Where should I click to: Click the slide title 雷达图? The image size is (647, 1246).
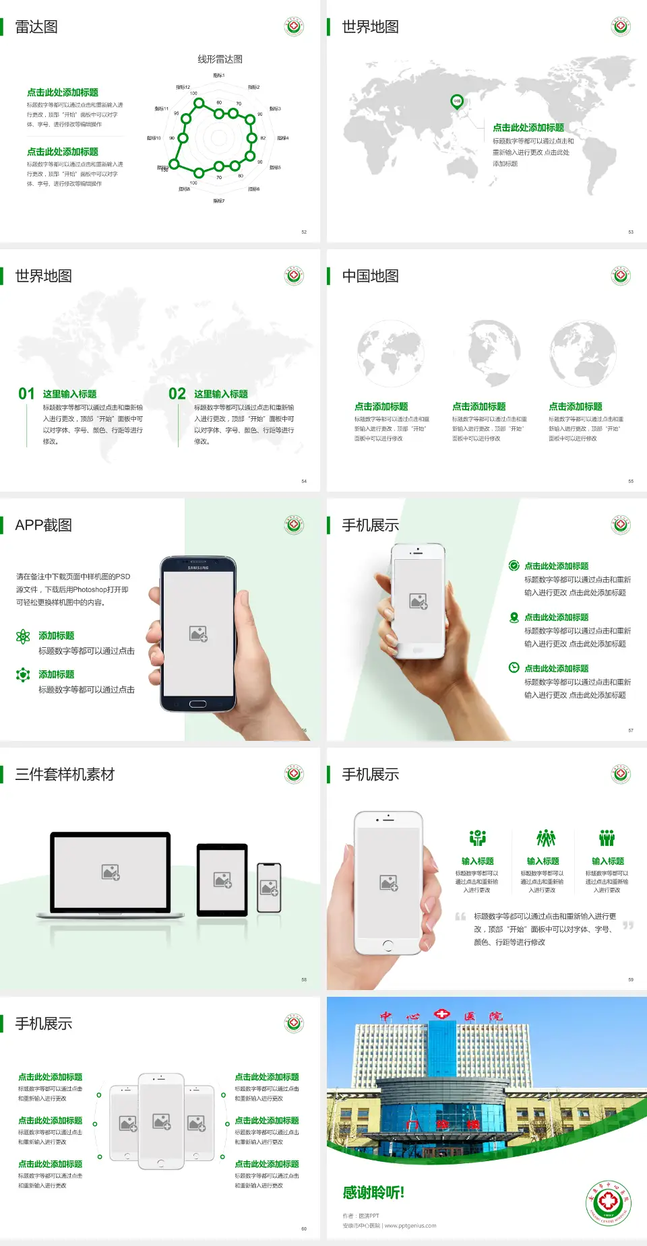pos(36,27)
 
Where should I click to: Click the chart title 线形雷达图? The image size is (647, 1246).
pos(220,59)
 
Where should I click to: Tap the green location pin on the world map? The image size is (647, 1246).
pos(457,102)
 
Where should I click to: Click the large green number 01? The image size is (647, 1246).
pos(26,394)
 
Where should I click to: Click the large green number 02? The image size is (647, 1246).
pos(177,394)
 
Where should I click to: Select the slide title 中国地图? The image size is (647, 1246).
pos(370,276)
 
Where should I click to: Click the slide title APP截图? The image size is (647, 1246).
pos(43,525)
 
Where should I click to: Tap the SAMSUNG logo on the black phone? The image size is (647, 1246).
pos(198,568)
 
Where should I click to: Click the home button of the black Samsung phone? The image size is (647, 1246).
pos(197,704)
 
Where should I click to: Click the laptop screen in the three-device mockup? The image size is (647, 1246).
pos(111,872)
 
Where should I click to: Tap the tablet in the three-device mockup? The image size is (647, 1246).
pos(222,879)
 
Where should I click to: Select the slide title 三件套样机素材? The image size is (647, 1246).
pos(65,775)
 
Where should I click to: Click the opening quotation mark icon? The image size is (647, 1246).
pos(460,917)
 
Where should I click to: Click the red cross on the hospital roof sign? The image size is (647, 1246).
pos(441,1014)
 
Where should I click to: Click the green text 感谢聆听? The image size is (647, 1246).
pos(373,1193)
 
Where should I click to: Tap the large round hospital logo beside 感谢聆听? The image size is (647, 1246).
pos(608,1203)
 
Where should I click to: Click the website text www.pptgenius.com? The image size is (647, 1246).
pos(410,1226)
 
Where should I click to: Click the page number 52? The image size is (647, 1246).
pos(304,232)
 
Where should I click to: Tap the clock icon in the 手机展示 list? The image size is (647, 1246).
pos(514,667)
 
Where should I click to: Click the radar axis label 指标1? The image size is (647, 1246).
pos(218,75)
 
